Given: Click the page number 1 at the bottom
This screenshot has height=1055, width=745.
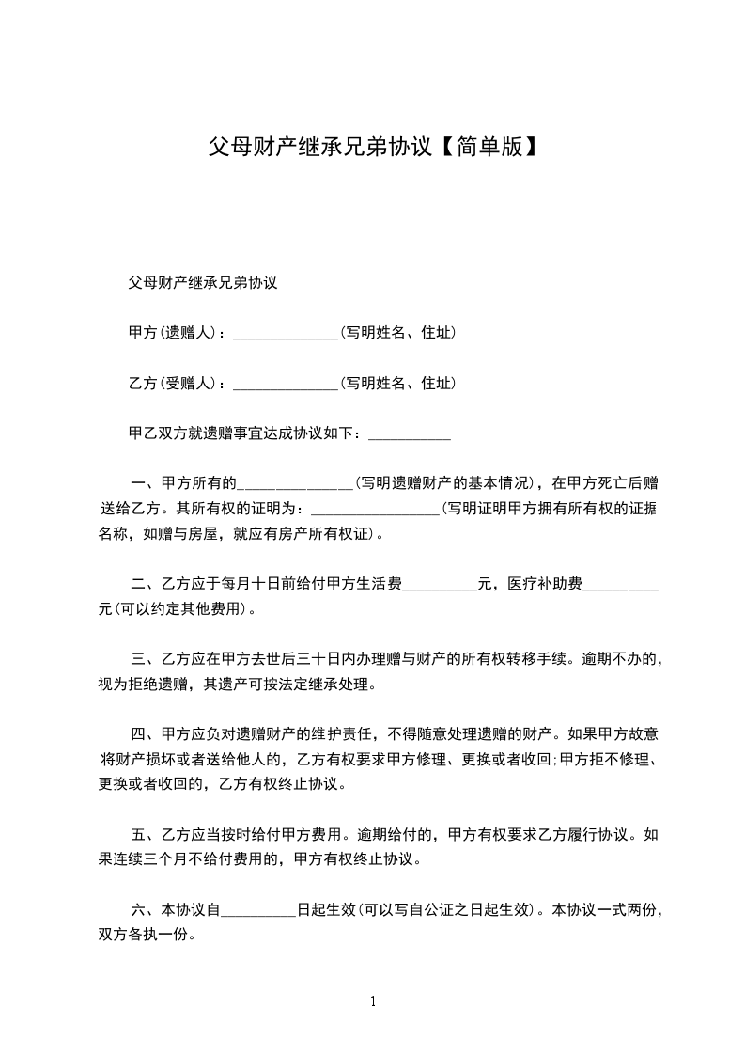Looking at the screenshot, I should (x=373, y=1001).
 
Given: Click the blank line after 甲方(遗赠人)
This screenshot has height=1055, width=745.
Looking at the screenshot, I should (x=285, y=334).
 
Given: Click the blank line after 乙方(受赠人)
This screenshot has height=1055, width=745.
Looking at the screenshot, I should (x=285, y=384).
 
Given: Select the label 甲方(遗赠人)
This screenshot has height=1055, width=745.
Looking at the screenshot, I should (x=172, y=333).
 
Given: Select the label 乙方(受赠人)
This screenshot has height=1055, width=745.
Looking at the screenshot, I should (x=172, y=383).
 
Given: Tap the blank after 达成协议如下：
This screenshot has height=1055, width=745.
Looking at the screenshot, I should (x=411, y=435).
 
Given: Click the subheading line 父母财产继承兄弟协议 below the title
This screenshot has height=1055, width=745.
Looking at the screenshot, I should (x=202, y=282).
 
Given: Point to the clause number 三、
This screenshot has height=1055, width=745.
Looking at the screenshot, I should (x=145, y=659).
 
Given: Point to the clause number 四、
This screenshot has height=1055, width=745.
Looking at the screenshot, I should (x=145, y=733).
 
